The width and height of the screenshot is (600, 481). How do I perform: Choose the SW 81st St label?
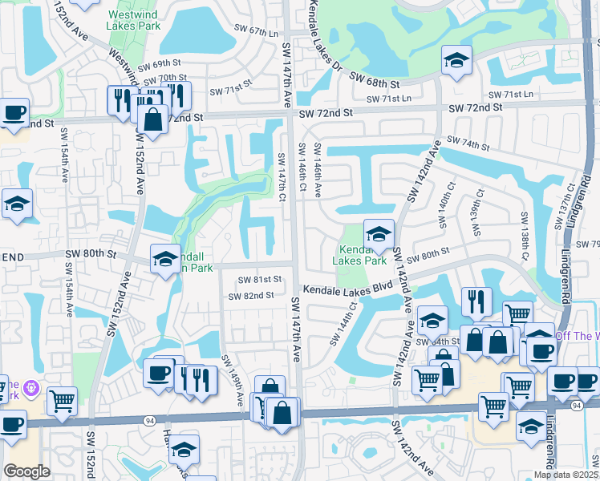coord(260,279)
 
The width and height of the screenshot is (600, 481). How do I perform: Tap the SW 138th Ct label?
coord(525,233)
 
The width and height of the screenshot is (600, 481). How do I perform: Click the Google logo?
coord(26,471)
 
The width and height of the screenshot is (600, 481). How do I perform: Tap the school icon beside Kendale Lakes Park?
coord(379,233)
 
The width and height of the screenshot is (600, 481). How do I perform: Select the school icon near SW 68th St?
coord(456,60)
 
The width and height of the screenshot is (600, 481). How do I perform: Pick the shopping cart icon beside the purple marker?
coord(62,401)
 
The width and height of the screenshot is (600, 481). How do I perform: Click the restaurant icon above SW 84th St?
coord(476,301)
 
